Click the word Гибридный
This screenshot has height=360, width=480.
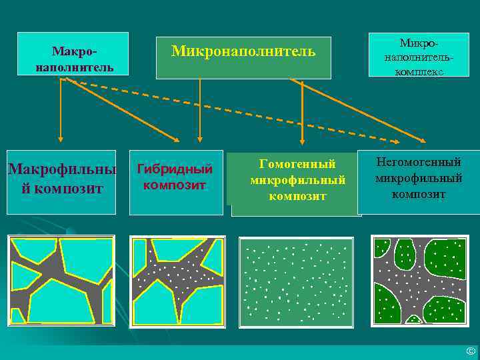(x=175, y=169)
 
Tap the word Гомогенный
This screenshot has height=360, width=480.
(x=297, y=164)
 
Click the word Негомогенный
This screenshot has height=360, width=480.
(x=419, y=161)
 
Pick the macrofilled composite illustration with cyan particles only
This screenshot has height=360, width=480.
(x=61, y=280)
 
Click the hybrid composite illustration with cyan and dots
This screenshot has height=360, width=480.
(x=177, y=280)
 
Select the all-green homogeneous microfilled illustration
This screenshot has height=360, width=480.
(x=296, y=282)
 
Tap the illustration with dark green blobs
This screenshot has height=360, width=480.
(x=419, y=280)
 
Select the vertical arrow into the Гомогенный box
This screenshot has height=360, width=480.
(x=302, y=113)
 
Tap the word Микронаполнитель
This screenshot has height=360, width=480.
(x=243, y=51)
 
